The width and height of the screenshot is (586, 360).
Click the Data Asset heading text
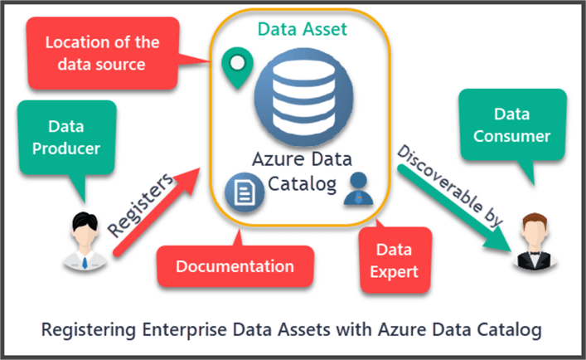(x=302, y=30)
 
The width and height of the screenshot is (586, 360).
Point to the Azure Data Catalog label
(x=302, y=169)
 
